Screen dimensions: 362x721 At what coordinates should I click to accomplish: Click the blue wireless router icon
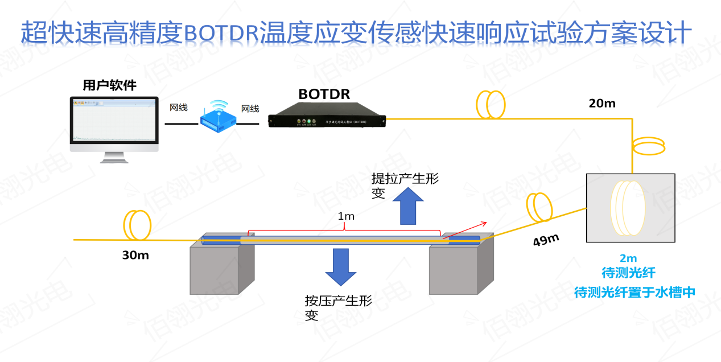pyautogui.click(x=217, y=118)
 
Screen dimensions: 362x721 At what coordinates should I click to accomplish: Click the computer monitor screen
pyautogui.click(x=114, y=119)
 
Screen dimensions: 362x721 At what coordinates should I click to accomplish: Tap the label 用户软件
pyautogui.click(x=109, y=86)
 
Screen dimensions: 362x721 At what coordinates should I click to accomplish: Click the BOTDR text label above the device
pyautogui.click(x=324, y=93)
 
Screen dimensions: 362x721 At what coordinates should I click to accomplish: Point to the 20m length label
pyautogui.click(x=602, y=104)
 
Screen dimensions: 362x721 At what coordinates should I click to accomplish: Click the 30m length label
pyautogui.click(x=135, y=256)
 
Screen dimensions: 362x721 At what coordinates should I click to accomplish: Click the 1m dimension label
pyautogui.click(x=346, y=216)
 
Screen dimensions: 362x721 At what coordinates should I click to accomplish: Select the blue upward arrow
pyautogui.click(x=407, y=205)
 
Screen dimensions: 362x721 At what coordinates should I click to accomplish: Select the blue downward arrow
pyautogui.click(x=340, y=266)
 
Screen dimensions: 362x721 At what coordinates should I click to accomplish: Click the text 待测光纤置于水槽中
pyautogui.click(x=635, y=293)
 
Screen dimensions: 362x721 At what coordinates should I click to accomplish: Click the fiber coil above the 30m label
pyautogui.click(x=136, y=224)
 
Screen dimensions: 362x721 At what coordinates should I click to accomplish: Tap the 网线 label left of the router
pyautogui.click(x=179, y=108)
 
